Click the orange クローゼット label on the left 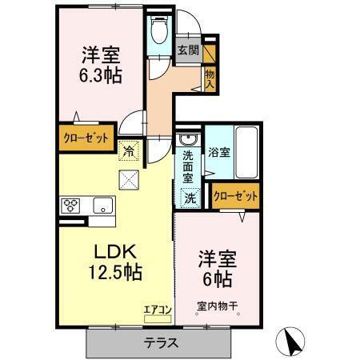(86, 138)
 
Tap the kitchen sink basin (102, 205)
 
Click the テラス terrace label (161, 343)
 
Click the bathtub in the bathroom (247, 151)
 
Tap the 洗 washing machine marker (189, 197)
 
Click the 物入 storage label (210, 78)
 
